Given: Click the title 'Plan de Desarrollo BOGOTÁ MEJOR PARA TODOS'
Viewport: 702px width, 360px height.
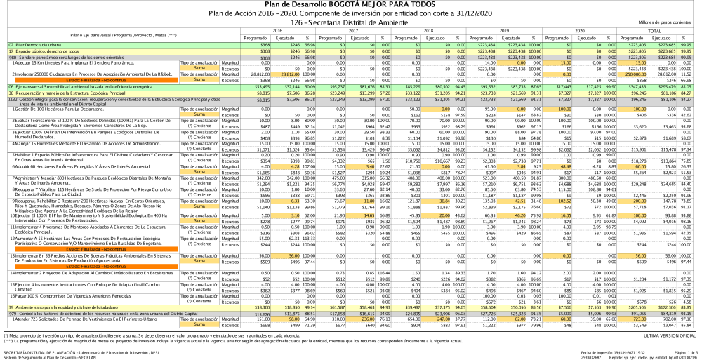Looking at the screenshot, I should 350,4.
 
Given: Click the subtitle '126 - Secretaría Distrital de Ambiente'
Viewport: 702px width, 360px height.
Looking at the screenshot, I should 350,22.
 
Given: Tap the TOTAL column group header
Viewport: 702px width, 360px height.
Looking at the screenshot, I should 654,31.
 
